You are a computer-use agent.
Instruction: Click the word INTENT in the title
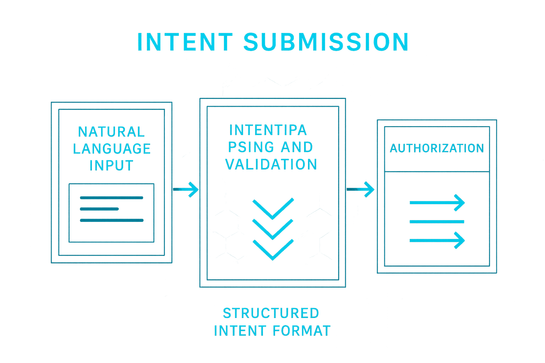pos(185,41)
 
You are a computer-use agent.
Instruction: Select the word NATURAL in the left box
pos(111,132)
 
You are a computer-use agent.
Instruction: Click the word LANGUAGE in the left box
pos(112,149)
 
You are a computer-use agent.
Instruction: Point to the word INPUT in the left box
pos(111,165)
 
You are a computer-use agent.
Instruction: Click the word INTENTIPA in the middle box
pos(268,130)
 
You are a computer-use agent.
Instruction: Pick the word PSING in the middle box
pos(251,147)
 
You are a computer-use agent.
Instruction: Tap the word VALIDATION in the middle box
pos(271,164)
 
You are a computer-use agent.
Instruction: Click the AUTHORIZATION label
pos(437,148)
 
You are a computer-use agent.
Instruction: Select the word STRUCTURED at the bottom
pos(271,313)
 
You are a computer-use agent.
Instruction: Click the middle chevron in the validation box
pos(273,229)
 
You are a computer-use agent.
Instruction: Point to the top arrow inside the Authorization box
pos(437,203)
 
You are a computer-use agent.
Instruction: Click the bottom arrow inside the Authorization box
pos(437,240)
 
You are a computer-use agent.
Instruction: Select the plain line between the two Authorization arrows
pos(437,222)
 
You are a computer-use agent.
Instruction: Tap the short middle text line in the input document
pos(100,209)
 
